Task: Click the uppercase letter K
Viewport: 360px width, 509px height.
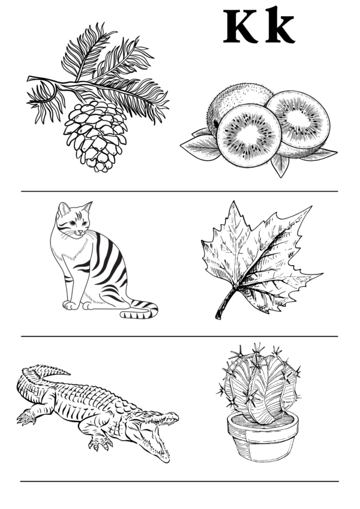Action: [x=241, y=26]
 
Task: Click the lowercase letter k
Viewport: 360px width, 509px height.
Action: [x=280, y=25]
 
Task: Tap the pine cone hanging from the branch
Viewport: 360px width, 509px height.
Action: [x=95, y=136]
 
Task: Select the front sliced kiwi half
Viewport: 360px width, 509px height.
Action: [x=249, y=135]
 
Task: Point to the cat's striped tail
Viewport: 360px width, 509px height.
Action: [x=140, y=310]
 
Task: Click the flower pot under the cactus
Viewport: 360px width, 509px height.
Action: [x=263, y=436]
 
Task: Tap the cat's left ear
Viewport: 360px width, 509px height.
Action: [x=63, y=209]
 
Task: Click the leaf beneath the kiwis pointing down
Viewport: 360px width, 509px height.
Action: [x=280, y=165]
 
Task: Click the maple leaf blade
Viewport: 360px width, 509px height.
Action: [x=260, y=257]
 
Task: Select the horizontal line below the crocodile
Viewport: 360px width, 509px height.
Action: [x=179, y=481]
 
